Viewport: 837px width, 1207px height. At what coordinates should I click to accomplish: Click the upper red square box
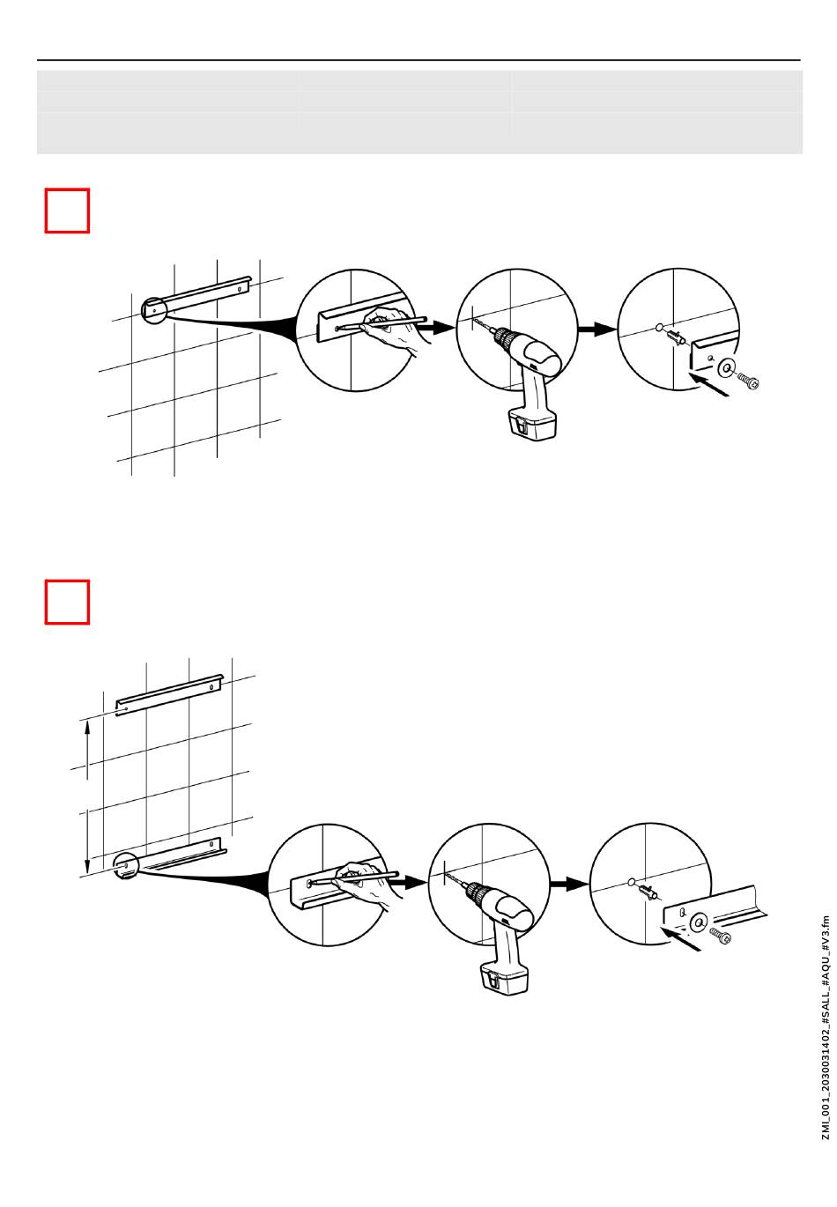pyautogui.click(x=67, y=211)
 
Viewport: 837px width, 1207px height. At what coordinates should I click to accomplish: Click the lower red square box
pyautogui.click(x=67, y=602)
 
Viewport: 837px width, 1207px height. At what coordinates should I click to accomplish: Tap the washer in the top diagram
pyautogui.click(x=727, y=367)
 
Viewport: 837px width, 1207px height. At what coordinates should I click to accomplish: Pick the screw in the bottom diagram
pyautogui.click(x=720, y=937)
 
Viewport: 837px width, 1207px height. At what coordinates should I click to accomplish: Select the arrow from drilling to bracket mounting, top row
pyautogui.click(x=596, y=329)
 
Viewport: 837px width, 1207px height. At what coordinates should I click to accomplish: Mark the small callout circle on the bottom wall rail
pyautogui.click(x=126, y=866)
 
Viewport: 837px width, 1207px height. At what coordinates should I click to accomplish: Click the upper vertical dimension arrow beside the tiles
pyautogui.click(x=86, y=749)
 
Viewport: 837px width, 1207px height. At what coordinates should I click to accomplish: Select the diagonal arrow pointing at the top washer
pyautogui.click(x=711, y=386)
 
